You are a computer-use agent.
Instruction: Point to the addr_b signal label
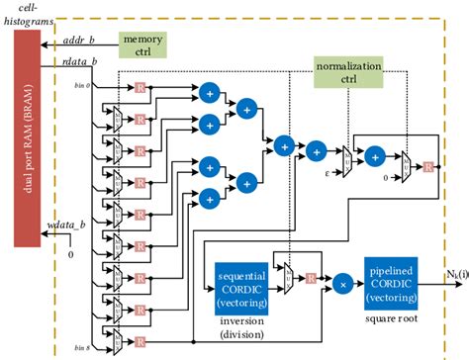(x=80, y=44)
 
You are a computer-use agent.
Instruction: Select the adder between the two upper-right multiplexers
(x=377, y=156)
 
